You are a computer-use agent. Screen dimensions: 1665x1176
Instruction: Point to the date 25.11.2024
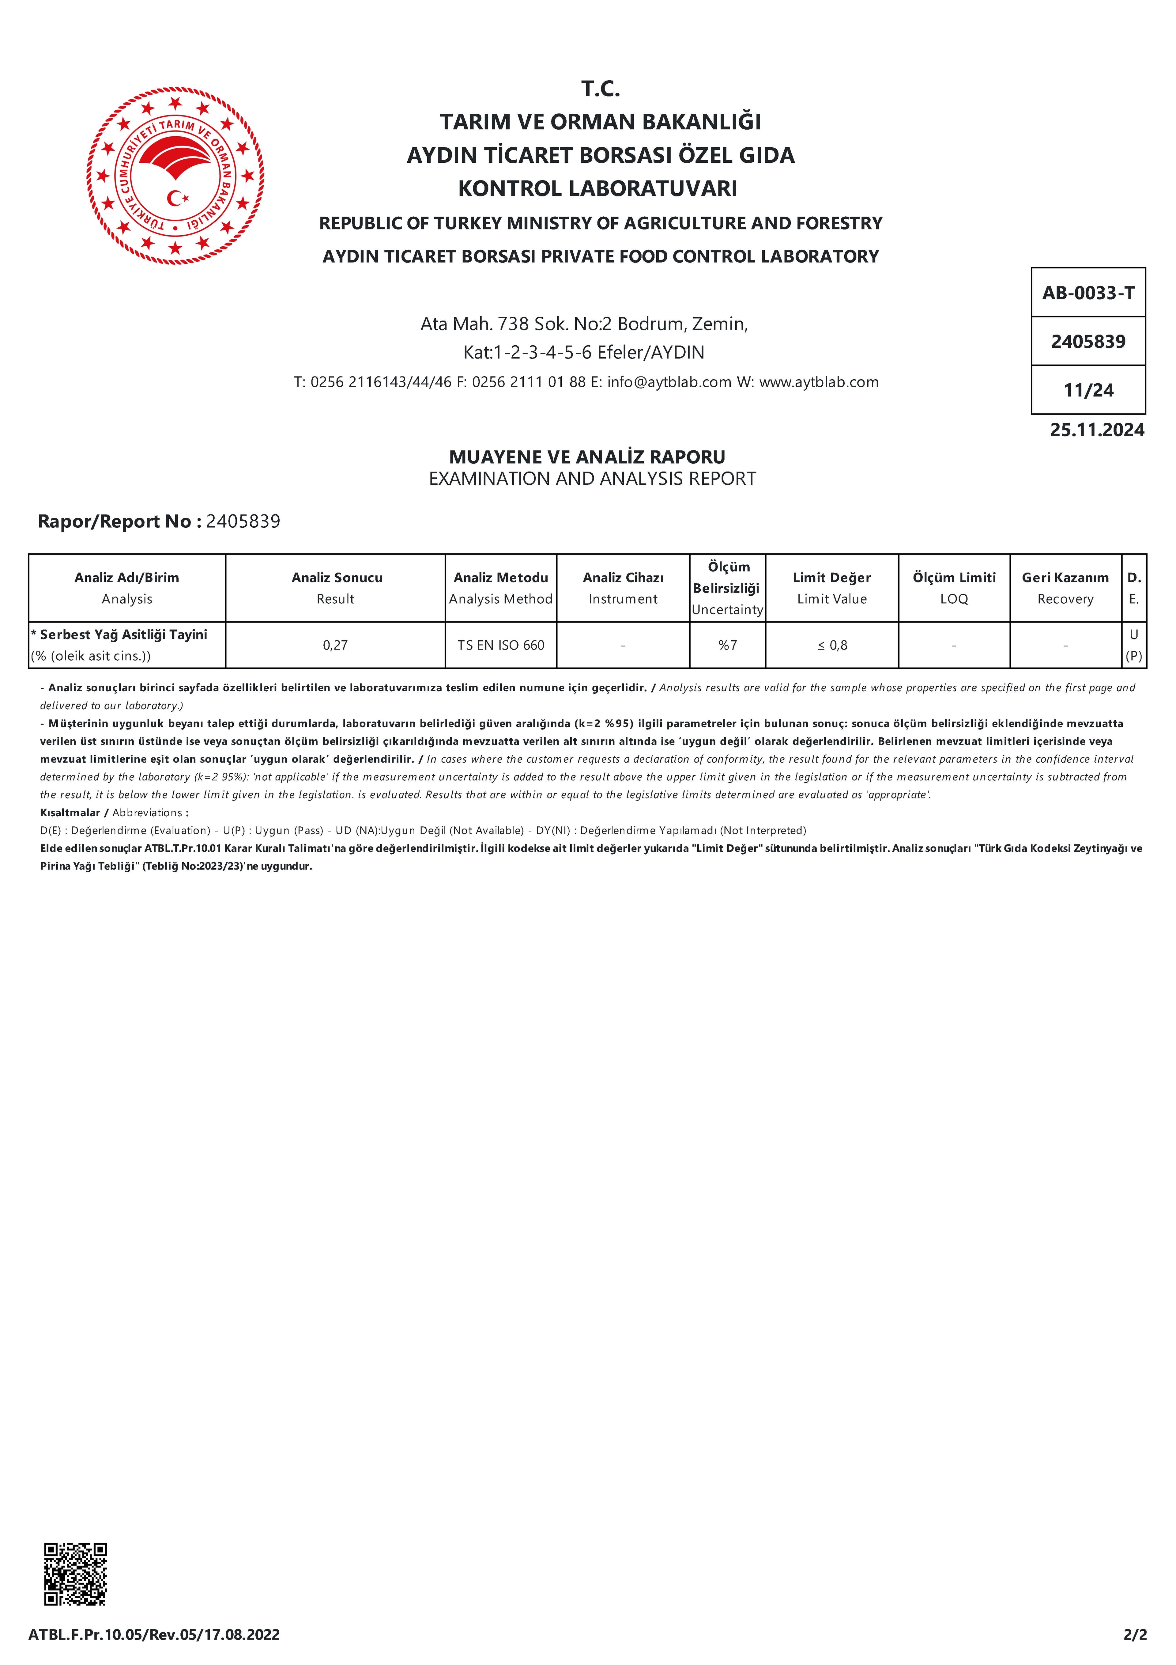click(1096, 430)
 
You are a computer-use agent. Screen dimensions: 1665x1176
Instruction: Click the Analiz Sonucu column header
click(336, 587)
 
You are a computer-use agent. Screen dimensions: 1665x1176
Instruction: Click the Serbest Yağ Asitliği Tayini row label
click(123, 635)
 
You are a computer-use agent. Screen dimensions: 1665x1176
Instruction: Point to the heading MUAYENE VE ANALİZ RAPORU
click(587, 457)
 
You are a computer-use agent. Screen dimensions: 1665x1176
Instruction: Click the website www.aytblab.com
click(819, 382)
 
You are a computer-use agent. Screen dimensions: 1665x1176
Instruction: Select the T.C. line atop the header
click(600, 89)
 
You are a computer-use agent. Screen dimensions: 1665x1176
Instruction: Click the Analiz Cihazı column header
click(623, 587)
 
